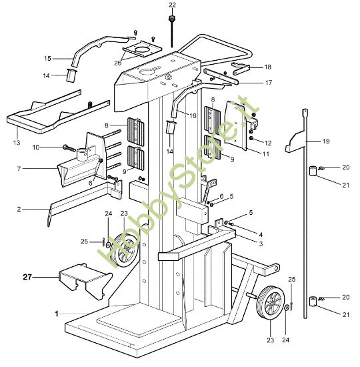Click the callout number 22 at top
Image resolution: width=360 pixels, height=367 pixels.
[x=172, y=5]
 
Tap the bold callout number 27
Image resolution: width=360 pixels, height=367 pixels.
[x=27, y=278]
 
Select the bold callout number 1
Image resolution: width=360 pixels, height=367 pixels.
[x=57, y=314]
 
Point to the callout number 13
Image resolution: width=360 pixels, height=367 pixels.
[x=17, y=143]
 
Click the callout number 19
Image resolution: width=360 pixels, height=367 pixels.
[x=326, y=141]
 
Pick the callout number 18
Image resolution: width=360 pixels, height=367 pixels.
[x=267, y=67]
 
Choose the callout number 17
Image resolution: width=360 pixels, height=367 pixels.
[x=268, y=83]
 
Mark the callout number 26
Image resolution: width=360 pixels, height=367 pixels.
[x=117, y=63]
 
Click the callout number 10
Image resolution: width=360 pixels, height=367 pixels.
[x=36, y=147]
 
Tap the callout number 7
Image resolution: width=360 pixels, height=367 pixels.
[x=19, y=169]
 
